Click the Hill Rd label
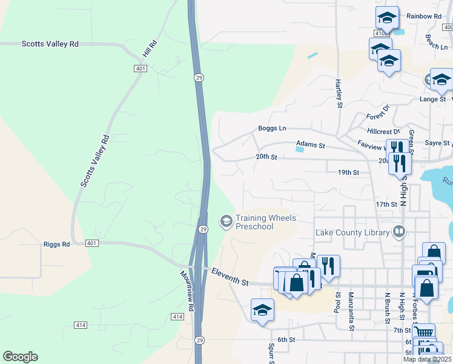tap(150, 49)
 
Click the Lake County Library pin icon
tap(399, 231)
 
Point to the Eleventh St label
tap(230, 277)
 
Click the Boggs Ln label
tap(272, 128)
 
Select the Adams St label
tap(311, 146)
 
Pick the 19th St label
tap(348, 172)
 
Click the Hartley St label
tap(339, 90)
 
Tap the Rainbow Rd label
tap(424, 16)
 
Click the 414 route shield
tap(177, 317)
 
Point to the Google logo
tap(20, 357)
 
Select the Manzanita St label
tap(351, 311)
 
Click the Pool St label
tap(337, 302)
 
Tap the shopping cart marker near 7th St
tap(423, 331)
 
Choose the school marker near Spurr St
tap(262, 311)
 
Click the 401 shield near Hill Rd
tap(141, 69)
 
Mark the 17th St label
tap(386, 204)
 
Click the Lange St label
tap(432, 99)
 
